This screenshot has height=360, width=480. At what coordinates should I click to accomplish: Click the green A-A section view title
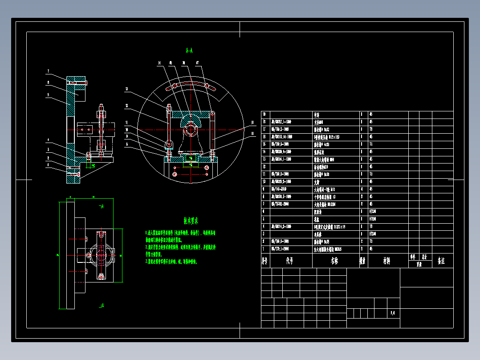(x=189, y=51)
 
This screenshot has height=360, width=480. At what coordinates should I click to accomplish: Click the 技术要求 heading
(x=191, y=221)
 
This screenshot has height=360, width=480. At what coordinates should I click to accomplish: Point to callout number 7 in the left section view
(x=49, y=71)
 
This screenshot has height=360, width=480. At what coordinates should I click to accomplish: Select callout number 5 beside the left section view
(x=47, y=95)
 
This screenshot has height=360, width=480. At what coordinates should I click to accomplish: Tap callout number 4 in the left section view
(x=48, y=143)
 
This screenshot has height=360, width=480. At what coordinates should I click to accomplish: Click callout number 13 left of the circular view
(x=126, y=89)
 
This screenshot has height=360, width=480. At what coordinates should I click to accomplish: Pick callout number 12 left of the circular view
(x=126, y=106)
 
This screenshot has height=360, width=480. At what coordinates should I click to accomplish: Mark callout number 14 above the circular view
(x=159, y=64)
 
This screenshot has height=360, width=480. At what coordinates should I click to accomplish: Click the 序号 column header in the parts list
(x=265, y=261)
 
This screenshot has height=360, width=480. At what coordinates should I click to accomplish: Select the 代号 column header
(x=290, y=261)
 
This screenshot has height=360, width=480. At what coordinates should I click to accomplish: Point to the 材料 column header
(x=387, y=261)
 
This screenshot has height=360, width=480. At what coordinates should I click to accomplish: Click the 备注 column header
(x=442, y=261)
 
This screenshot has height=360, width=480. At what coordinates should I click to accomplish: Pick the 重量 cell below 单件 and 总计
(x=419, y=264)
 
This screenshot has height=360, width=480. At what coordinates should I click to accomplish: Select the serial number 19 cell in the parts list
(x=265, y=115)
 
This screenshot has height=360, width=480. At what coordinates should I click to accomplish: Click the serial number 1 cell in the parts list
(x=265, y=249)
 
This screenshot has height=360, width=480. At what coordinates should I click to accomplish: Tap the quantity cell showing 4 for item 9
(x=363, y=189)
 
